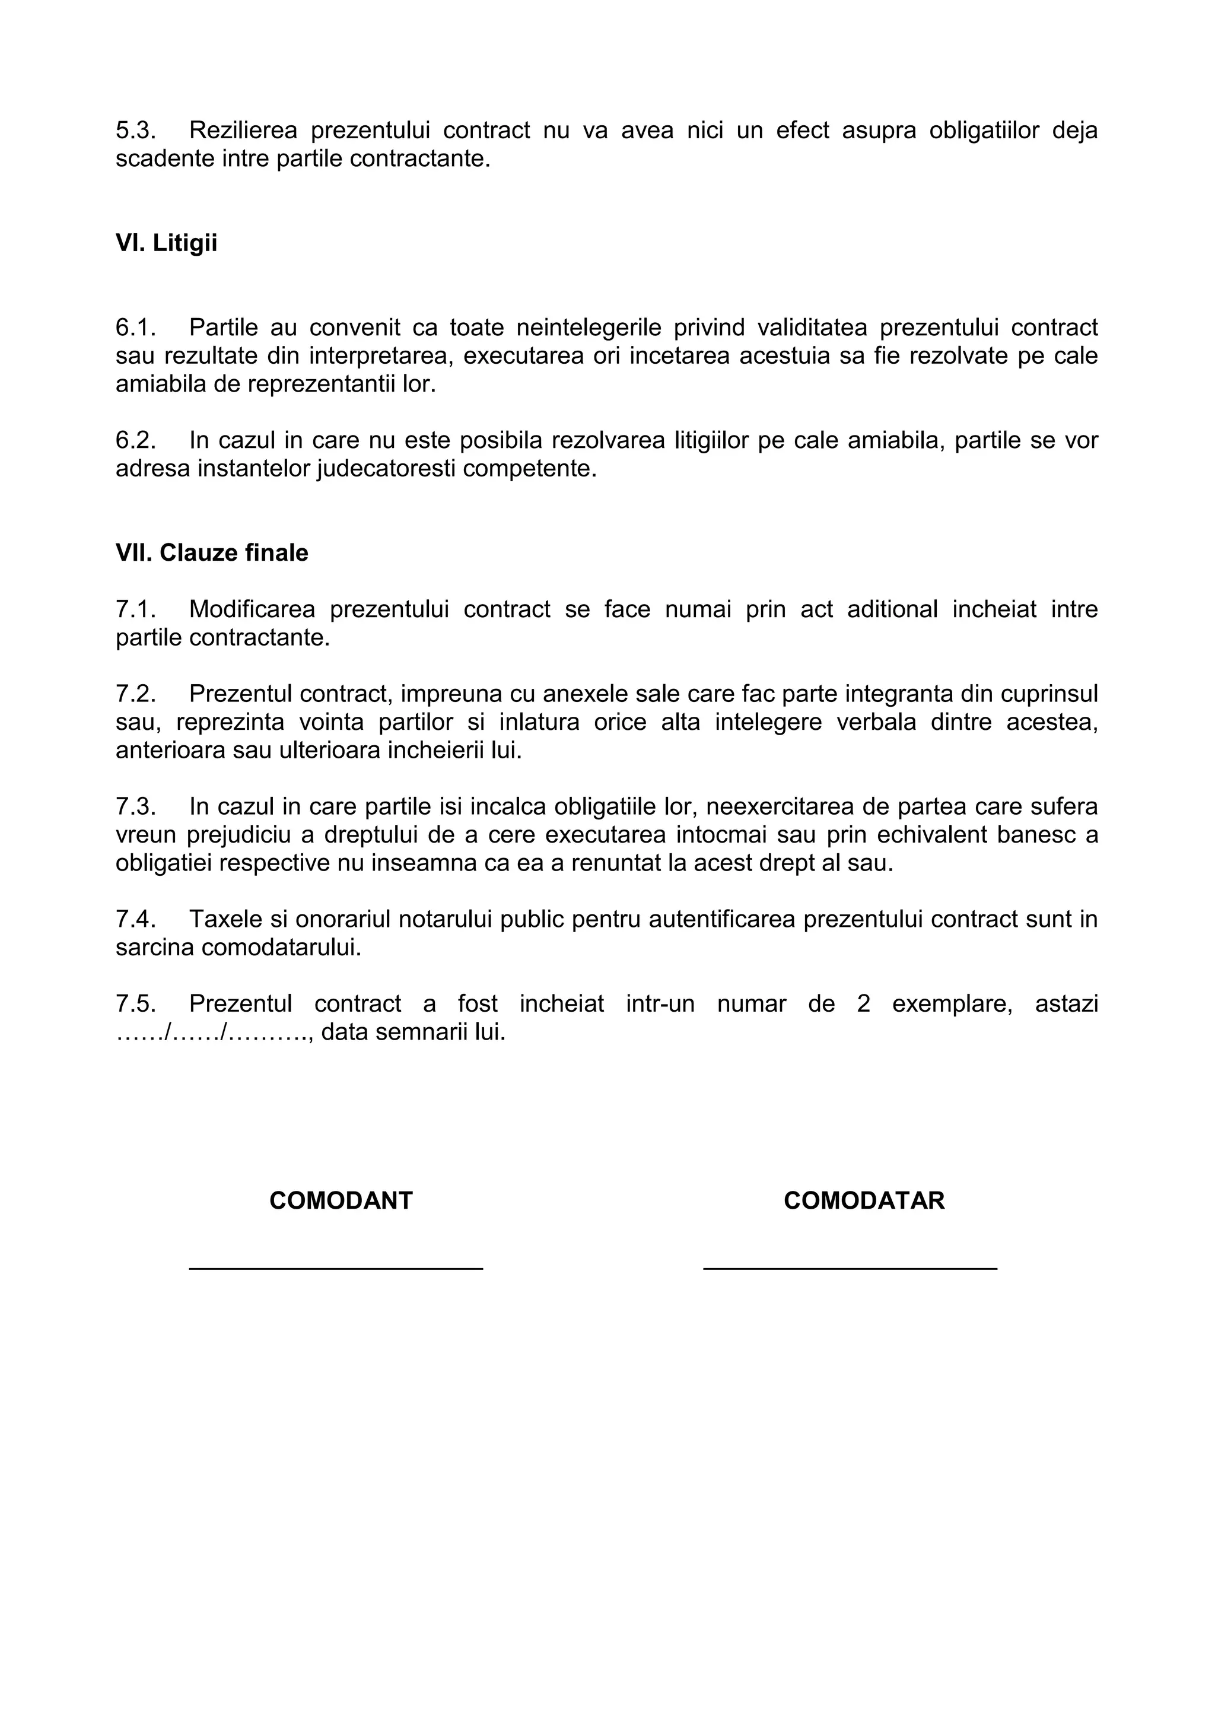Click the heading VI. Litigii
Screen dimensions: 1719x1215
166,243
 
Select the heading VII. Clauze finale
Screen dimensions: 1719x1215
212,553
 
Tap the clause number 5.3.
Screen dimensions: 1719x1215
135,131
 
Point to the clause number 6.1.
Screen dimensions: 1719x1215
135,327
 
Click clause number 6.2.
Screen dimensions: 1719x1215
135,440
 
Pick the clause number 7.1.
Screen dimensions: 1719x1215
135,609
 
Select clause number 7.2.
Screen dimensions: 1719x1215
135,694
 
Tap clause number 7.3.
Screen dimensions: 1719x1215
135,806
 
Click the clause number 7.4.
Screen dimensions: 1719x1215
135,919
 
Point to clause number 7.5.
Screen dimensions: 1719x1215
135,1003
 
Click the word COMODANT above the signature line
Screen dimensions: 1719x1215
341,1201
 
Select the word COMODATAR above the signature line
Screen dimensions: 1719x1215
864,1201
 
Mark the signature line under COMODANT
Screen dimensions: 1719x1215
336,1268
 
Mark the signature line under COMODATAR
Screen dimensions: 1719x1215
850,1268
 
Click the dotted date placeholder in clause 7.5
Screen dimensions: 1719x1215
214,1033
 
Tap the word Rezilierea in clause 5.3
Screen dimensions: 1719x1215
243,131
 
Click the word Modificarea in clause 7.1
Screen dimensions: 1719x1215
252,609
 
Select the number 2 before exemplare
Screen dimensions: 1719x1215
863,1003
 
